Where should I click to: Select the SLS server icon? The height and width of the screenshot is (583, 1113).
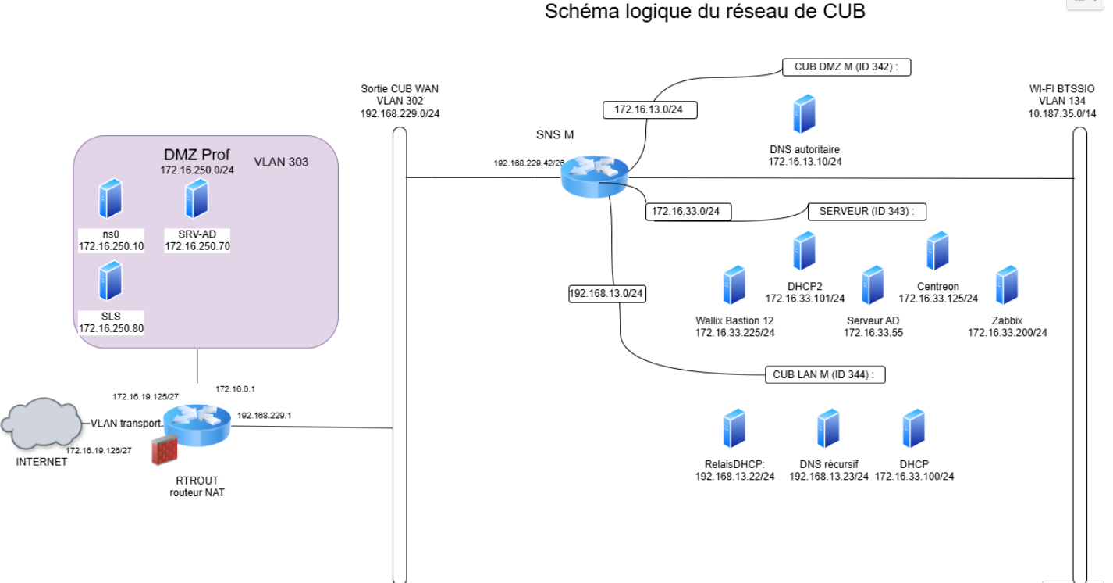click(111, 281)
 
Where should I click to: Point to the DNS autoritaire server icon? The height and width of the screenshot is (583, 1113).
click(804, 114)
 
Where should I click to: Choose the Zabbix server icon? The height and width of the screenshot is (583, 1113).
click(1007, 285)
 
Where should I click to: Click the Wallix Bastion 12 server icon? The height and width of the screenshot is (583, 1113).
click(734, 285)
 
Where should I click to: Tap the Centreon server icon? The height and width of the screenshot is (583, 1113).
click(937, 251)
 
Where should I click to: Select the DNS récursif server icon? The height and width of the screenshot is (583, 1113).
click(828, 428)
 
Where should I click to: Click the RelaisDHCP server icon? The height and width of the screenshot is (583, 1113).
click(734, 428)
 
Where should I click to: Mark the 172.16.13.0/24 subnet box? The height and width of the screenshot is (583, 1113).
click(649, 110)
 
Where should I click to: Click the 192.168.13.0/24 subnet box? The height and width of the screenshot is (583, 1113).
click(607, 294)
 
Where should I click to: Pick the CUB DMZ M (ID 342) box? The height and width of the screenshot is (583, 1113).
click(847, 67)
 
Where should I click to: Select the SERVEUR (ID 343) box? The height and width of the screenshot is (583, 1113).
click(866, 211)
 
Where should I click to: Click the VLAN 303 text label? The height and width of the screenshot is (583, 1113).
click(281, 163)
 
